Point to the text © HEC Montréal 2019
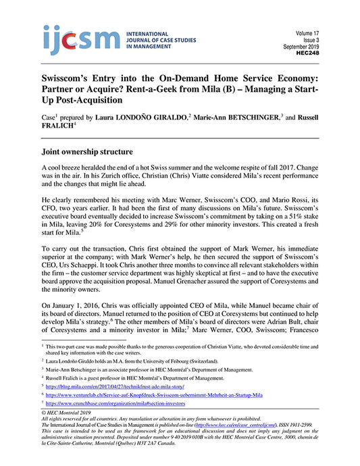tap(68, 412)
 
